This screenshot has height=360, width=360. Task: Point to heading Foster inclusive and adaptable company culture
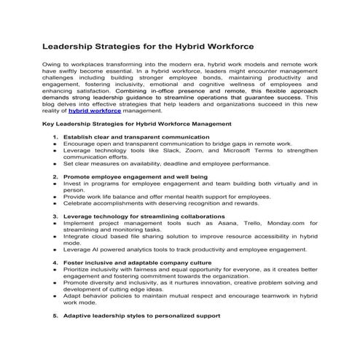(137, 262)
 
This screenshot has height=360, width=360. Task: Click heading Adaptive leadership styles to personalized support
(141, 317)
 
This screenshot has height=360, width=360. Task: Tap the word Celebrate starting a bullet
(79, 203)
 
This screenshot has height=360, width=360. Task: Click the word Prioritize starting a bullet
(79, 269)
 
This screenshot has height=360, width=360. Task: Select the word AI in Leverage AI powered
(95, 249)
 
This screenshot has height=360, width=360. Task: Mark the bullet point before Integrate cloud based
(55, 237)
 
